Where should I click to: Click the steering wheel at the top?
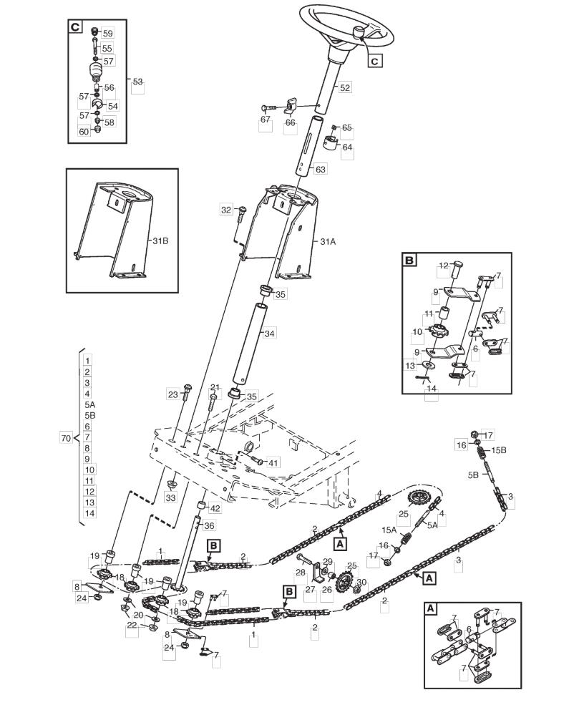[348, 28]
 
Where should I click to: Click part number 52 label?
[345, 87]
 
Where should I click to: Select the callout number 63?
[321, 170]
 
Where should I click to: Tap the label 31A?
[328, 241]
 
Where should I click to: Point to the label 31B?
[160, 241]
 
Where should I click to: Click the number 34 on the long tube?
[270, 334]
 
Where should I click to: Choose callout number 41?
[273, 462]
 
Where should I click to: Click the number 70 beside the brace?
[66, 437]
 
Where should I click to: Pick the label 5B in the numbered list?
[90, 415]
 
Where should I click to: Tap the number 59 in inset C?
[108, 34]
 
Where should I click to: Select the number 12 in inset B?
[444, 266]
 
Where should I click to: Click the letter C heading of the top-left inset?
[75, 27]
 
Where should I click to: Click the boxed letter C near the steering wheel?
[375, 61]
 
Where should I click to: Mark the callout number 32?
[226, 210]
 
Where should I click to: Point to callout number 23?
[173, 395]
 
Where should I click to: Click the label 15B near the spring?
[498, 449]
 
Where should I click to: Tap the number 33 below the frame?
[171, 497]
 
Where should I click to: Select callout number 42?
[215, 508]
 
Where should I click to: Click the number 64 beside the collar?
[348, 147]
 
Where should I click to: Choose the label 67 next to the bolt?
[266, 120]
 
